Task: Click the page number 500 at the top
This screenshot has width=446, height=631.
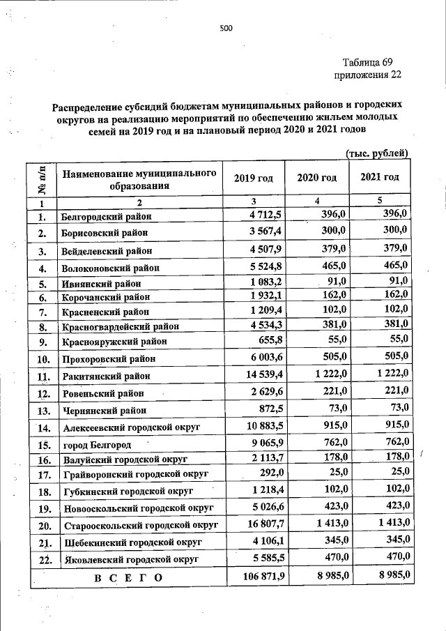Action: pyautogui.click(x=225, y=28)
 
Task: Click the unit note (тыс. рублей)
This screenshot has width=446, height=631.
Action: pyautogui.click(x=376, y=153)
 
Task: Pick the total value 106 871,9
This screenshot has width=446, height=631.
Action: pyautogui.click(x=259, y=577)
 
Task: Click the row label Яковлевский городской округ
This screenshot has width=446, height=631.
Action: pyautogui.click(x=130, y=559)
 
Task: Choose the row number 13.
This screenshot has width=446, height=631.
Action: pyautogui.click(x=43, y=411)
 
